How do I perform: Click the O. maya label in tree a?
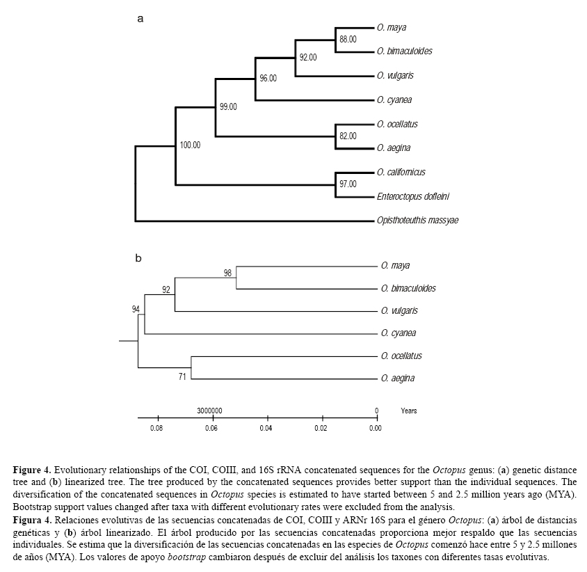click(392, 28)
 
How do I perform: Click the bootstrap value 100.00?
click(190, 145)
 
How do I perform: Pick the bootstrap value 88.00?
click(348, 40)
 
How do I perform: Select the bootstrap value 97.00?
click(348, 184)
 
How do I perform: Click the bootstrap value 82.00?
click(348, 136)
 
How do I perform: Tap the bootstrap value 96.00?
click(268, 79)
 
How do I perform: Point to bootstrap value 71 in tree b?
click(182, 376)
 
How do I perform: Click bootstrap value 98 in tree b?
click(227, 273)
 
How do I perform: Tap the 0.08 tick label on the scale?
click(156, 429)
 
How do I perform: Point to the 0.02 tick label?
click(321, 429)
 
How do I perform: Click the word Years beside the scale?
click(409, 411)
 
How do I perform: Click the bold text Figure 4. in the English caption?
click(33, 471)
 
